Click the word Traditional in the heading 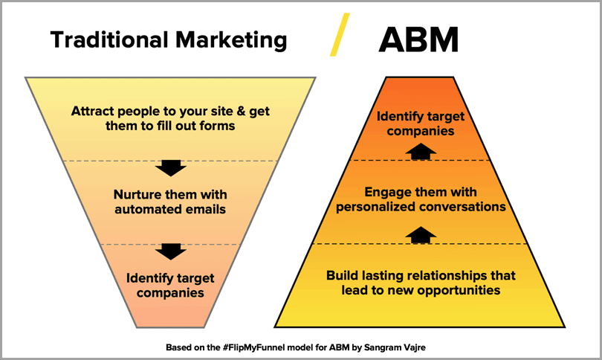click(x=109, y=39)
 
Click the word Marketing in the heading click(x=231, y=40)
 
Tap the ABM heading click(x=418, y=39)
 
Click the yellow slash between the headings click(x=340, y=34)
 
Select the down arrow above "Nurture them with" click(x=171, y=168)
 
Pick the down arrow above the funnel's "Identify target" click(x=171, y=251)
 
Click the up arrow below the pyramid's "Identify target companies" click(x=421, y=152)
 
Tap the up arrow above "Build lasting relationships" click(x=421, y=235)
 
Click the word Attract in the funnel click(x=92, y=111)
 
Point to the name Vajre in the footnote click(x=414, y=347)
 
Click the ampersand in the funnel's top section click(x=241, y=111)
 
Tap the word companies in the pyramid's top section click(x=421, y=131)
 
